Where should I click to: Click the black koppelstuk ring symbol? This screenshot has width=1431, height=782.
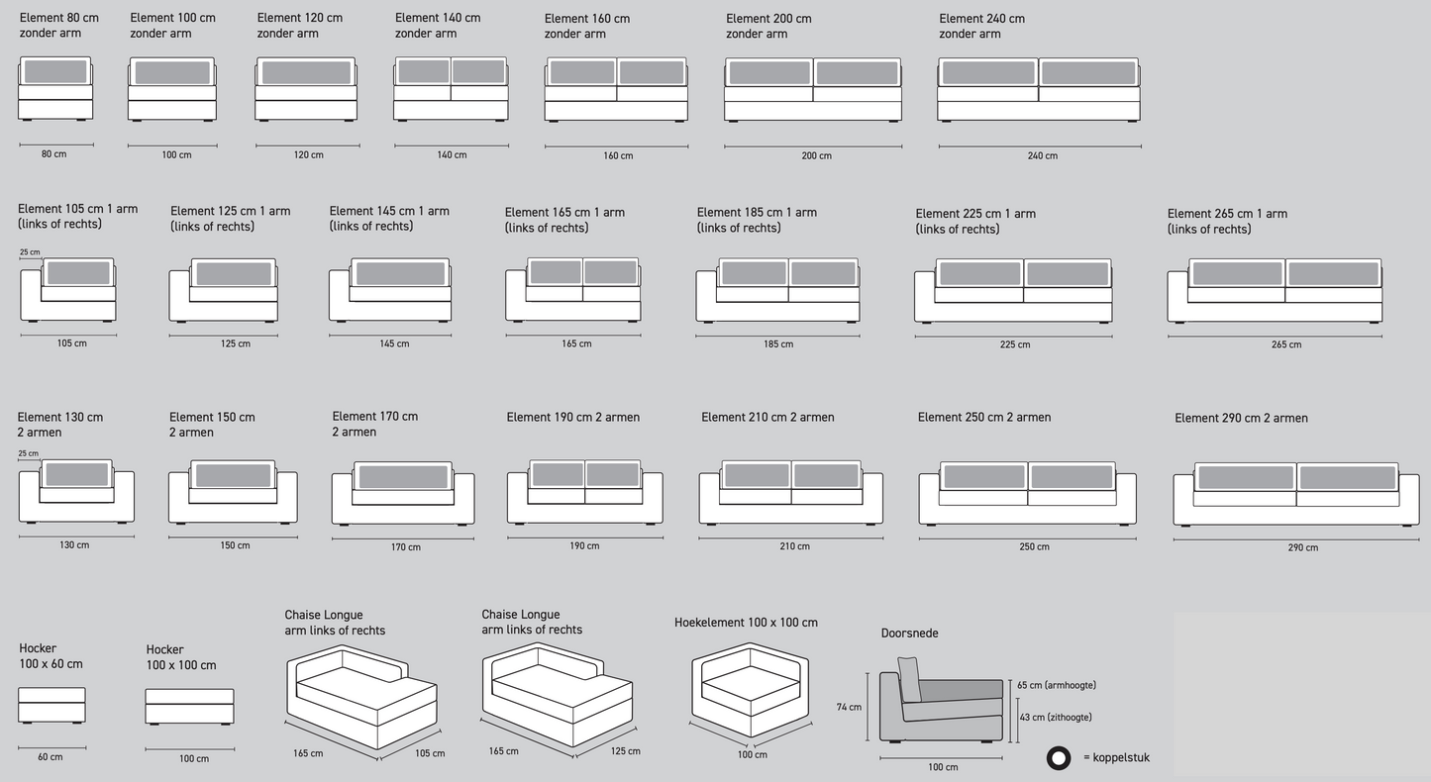pos(1059,758)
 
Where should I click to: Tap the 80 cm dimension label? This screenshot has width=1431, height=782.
pos(54,154)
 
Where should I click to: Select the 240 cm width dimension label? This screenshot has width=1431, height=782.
pos(1043,155)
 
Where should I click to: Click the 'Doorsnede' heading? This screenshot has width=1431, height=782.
pos(909,634)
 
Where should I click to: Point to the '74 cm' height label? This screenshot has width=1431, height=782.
pos(849,707)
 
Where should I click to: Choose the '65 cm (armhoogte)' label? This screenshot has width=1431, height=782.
pos(1056,685)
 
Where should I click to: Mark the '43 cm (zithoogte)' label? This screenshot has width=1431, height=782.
pos(1055,717)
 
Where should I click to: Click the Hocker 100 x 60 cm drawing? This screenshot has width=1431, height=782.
pos(51,705)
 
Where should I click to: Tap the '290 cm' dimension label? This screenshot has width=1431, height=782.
pos(1303,547)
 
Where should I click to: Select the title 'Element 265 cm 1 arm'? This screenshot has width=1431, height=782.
pos(1227,214)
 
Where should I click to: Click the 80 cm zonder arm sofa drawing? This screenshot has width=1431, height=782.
pos(55,88)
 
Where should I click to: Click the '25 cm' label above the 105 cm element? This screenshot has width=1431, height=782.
pos(30,252)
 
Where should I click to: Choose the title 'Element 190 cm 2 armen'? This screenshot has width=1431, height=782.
pos(572,418)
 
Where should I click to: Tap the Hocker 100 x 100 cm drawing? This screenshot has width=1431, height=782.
pos(189,707)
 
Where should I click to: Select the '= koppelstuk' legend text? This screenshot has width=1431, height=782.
pos(1116,758)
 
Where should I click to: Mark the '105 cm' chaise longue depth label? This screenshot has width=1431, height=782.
pos(429,753)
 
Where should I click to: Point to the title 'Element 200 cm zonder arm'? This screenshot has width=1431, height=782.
pos(768,26)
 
